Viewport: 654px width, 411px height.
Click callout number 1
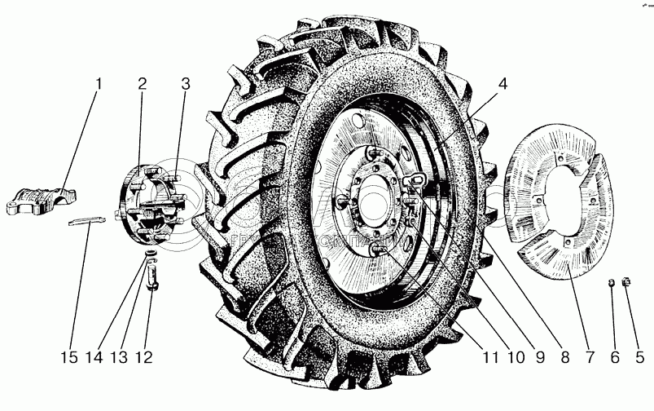pyautogui.click(x=99, y=85)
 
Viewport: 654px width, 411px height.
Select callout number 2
pyautogui.click(x=142, y=85)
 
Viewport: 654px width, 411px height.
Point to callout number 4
pyautogui.click(x=503, y=85)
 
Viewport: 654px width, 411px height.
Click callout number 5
pyautogui.click(x=639, y=356)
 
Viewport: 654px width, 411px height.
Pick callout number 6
pyautogui.click(x=615, y=356)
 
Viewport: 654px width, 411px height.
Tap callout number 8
pyautogui.click(x=561, y=356)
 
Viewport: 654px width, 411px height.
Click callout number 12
pyautogui.click(x=147, y=356)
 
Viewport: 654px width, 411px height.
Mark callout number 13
pyautogui.click(x=122, y=356)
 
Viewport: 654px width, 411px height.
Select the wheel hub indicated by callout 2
pyautogui.click(x=151, y=204)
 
